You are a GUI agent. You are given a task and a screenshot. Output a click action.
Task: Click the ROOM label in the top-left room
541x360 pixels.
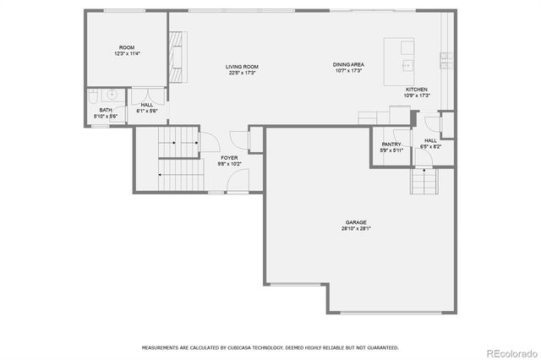point(127,47)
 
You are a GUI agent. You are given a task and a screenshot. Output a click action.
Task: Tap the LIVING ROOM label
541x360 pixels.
point(241,67)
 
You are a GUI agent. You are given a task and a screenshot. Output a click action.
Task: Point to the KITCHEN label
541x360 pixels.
point(416,90)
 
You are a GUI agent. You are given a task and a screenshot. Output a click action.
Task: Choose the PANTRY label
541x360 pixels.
point(391,145)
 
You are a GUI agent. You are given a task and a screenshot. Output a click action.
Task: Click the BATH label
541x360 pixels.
point(105,110)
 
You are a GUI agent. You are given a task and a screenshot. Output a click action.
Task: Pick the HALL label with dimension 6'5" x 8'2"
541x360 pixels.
point(430,140)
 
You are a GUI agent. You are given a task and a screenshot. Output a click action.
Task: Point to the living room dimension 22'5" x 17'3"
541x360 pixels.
point(241,74)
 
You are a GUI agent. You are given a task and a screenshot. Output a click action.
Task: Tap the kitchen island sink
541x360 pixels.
point(406,64)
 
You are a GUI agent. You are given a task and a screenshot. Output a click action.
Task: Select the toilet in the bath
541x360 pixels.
point(96,95)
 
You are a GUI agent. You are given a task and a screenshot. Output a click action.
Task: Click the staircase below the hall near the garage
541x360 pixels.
point(423,180)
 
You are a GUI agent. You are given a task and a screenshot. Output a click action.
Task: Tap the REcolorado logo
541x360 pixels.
point(510,352)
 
